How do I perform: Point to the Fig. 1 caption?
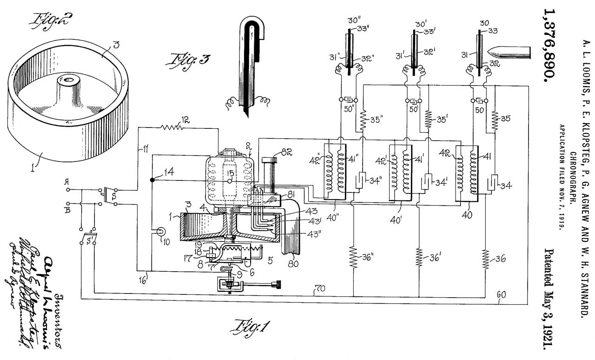coord(251,328)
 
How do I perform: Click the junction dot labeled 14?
coord(152,180)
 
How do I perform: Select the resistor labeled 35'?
coord(428,119)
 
